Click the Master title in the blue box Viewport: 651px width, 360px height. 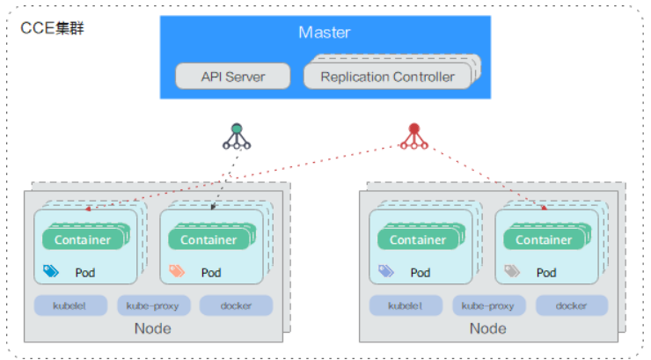pos(324,33)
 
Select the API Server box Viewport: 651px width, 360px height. pos(232,77)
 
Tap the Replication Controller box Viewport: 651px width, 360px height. pos(387,77)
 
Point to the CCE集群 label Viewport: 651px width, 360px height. pos(52,28)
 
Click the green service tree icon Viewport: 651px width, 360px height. pos(236,136)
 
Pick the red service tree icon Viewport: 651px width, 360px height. pos(413,136)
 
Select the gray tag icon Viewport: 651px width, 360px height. pos(511,272)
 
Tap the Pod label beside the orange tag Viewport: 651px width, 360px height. pos(210,273)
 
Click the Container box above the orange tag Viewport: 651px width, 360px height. pos(208,239)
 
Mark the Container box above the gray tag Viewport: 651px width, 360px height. pos(543,239)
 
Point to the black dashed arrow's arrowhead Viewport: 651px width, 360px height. pos(215,209)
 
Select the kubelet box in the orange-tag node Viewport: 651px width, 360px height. pos(70,305)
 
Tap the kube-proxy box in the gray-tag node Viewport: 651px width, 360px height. pos(489,305)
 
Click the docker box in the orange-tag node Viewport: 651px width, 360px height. pos(236,305)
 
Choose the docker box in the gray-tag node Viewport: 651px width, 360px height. pos(572,305)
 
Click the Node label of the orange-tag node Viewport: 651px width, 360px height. pos(153,328)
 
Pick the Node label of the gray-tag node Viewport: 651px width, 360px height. pos(488,328)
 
